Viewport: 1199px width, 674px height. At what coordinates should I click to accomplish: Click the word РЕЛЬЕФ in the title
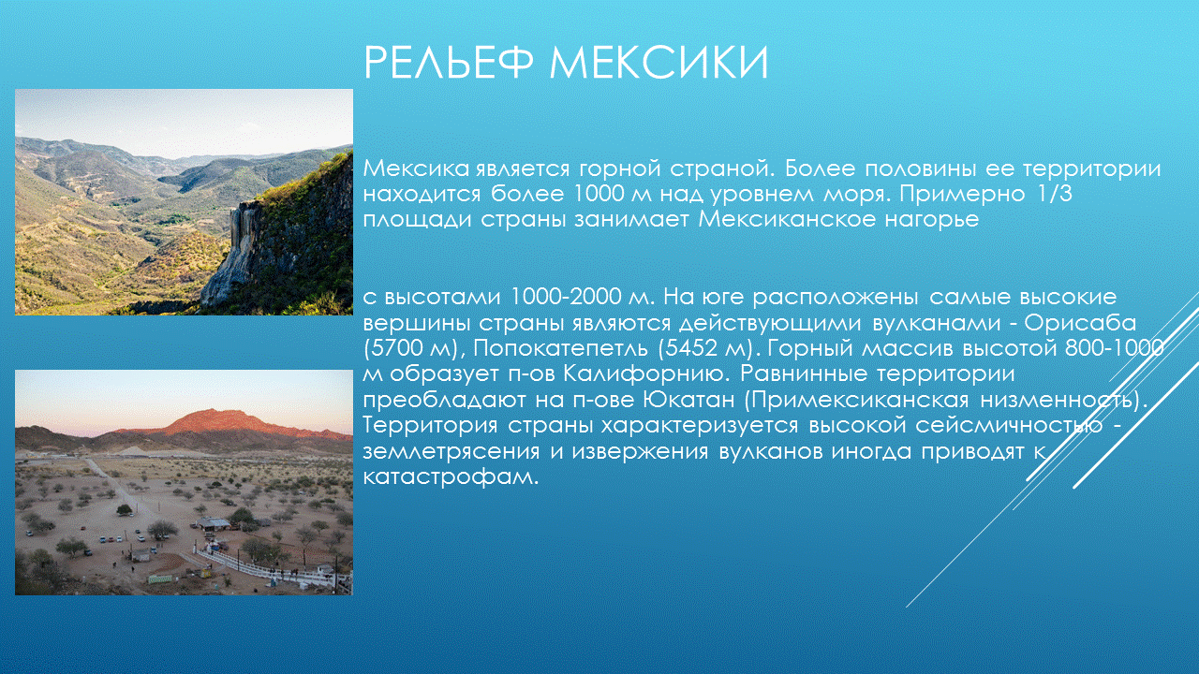pos(449,63)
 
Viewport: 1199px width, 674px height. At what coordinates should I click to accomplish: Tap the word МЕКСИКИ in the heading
pos(659,63)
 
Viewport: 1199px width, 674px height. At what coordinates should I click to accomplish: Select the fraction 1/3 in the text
pos(1055,194)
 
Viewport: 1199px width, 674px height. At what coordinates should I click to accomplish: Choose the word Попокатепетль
pos(560,348)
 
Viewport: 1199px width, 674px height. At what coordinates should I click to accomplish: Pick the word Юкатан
pos(688,400)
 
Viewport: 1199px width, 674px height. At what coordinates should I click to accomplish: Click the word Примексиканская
pos(860,400)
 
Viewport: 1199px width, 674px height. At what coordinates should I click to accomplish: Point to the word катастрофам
pos(451,476)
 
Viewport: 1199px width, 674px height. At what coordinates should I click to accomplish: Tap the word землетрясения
pos(451,451)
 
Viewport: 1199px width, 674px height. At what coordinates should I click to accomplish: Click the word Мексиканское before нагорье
pos(788,219)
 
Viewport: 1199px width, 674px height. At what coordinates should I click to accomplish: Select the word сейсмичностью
pos(1009,425)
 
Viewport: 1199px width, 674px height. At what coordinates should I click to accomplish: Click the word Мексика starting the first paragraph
pos(416,168)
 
